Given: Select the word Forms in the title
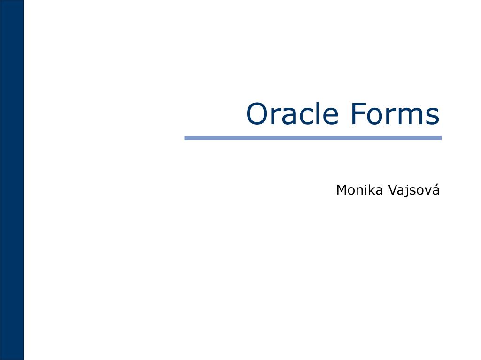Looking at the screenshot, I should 395,114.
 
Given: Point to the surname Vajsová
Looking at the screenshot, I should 413,190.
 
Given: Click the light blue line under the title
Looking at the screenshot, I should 313,138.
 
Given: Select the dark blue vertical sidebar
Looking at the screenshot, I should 12,180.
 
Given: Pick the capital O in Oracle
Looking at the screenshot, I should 257,114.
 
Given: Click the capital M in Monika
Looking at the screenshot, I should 341,190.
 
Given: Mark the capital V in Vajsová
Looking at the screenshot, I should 391,190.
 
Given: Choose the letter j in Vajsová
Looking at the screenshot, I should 405,191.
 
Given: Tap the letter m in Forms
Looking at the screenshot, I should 413,116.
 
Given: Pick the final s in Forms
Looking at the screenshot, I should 434,116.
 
